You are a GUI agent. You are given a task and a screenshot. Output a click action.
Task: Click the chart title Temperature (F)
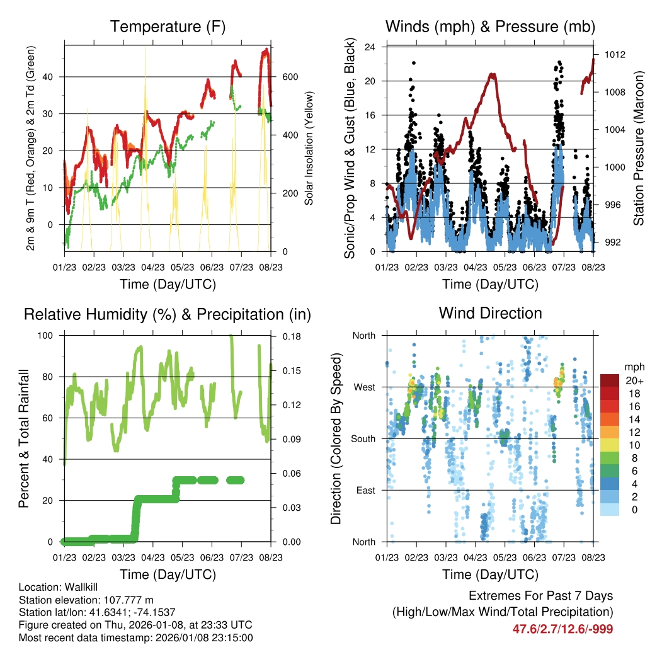pos(168,27)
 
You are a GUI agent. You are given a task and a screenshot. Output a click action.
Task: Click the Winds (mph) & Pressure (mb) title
pos(490,27)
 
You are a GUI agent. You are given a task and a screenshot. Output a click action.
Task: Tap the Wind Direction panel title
pos(490,313)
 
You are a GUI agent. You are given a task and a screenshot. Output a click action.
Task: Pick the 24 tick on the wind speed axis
pos(370,47)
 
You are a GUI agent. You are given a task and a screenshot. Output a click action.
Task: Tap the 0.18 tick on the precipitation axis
pos(291,336)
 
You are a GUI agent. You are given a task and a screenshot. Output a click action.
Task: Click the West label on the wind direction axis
pos(363,387)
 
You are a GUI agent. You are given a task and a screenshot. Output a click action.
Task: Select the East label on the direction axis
pos(365,490)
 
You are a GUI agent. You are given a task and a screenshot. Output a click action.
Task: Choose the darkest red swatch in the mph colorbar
pos(610,380)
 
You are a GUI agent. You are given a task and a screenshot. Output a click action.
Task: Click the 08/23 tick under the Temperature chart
pos(271,267)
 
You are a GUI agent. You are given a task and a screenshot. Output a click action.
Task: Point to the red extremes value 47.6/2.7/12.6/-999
pos(562,629)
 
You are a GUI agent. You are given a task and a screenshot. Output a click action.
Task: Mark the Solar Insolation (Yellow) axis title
pos(309,148)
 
